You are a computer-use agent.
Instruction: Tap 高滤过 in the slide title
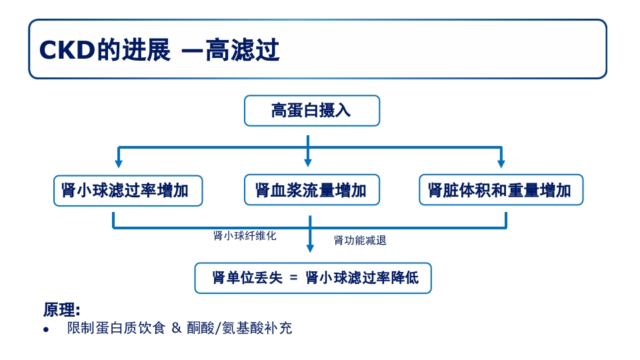click(x=242, y=50)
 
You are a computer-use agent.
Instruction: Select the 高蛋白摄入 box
click(x=311, y=111)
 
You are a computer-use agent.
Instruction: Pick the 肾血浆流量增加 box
click(x=311, y=191)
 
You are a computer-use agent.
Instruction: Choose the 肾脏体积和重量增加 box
click(x=500, y=191)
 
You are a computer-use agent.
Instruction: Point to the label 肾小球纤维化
click(x=245, y=235)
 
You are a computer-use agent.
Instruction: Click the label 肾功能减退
click(x=360, y=241)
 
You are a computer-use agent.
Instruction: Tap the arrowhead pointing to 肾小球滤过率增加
click(x=119, y=163)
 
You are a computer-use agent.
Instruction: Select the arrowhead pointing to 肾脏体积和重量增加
click(x=501, y=163)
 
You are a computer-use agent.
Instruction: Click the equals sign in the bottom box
click(x=293, y=279)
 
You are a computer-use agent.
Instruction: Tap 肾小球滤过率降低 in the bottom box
click(x=362, y=278)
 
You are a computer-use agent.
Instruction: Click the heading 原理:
click(x=61, y=310)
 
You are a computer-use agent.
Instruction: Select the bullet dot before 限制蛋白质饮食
click(x=46, y=330)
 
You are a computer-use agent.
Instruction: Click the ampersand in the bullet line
click(x=177, y=329)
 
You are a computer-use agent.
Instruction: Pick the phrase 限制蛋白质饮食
click(x=115, y=329)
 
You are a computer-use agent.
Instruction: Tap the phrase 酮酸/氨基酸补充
click(x=239, y=329)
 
